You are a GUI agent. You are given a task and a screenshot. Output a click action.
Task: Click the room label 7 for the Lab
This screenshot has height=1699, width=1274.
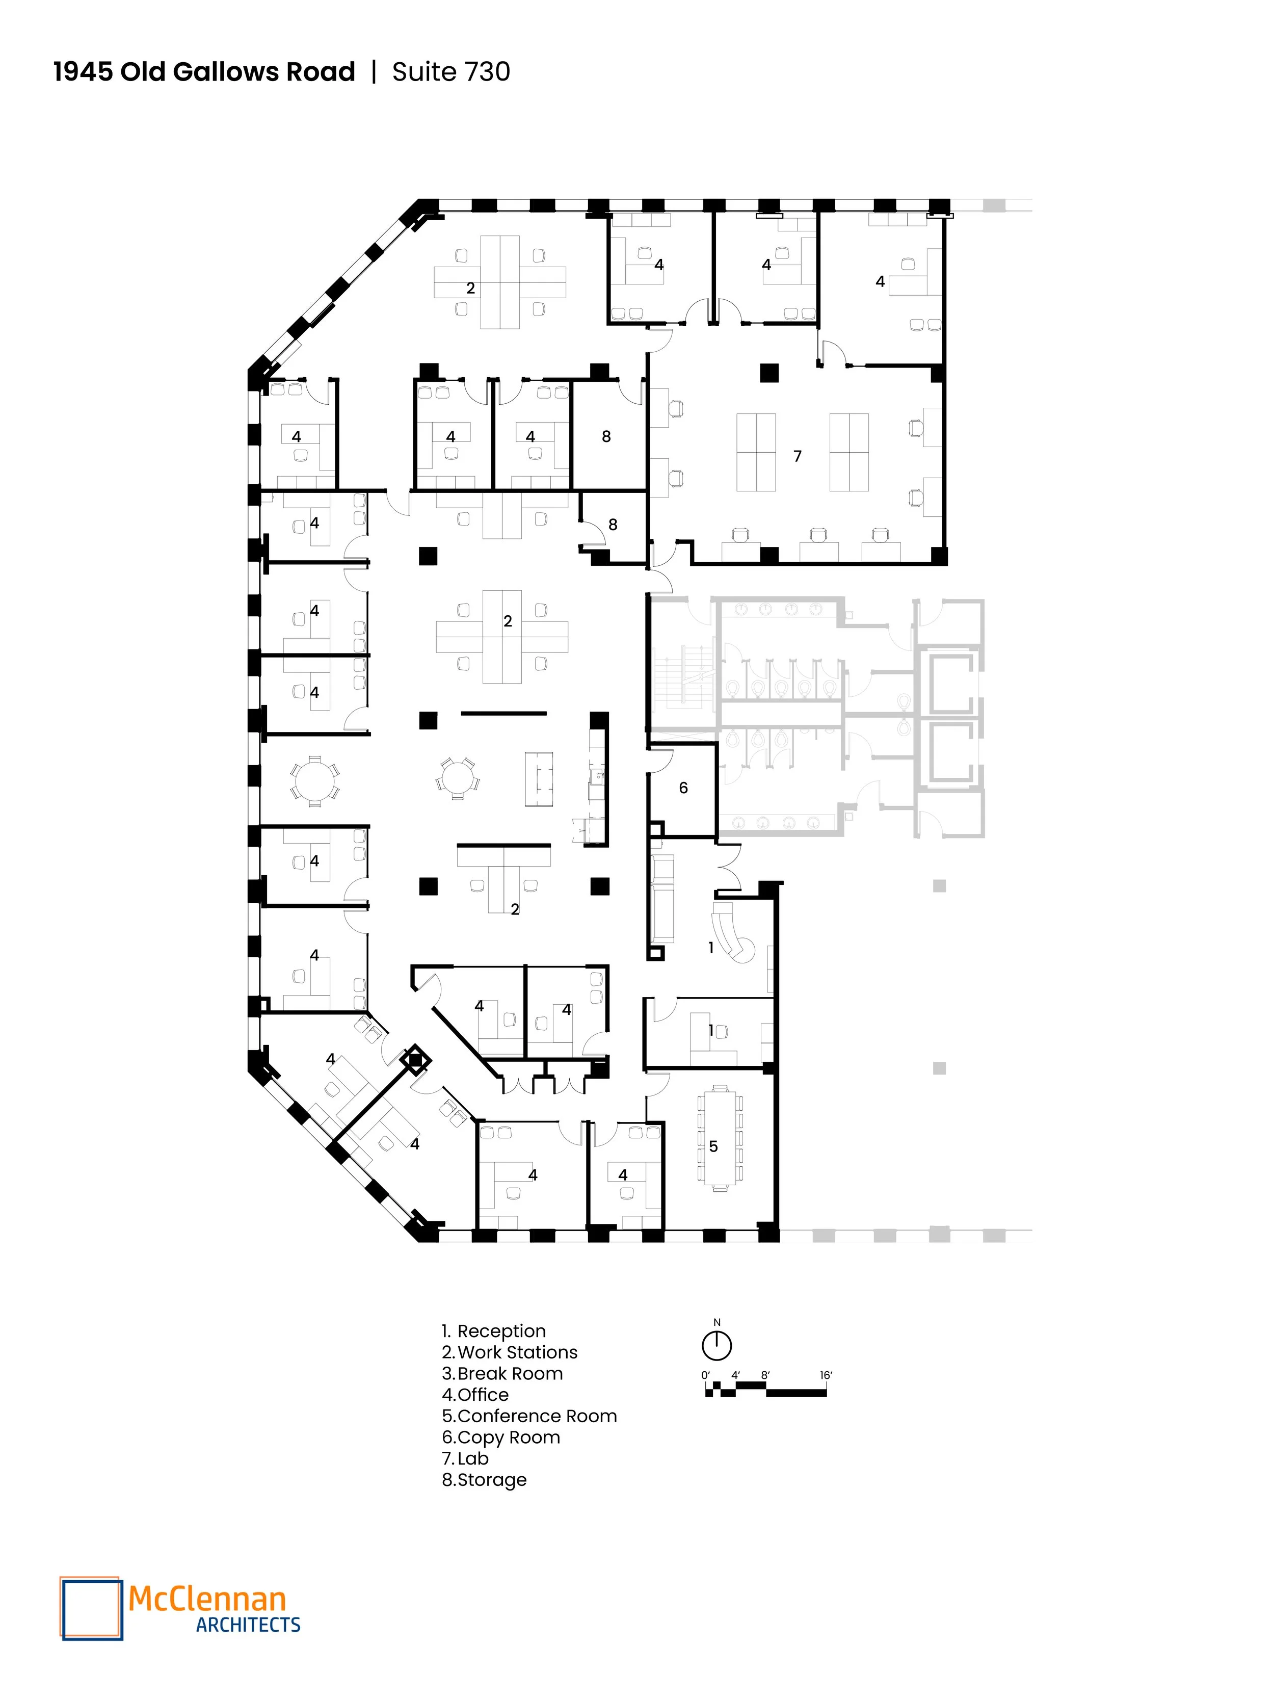point(797,456)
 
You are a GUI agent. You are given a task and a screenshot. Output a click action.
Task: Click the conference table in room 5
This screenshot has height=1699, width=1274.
point(720,1138)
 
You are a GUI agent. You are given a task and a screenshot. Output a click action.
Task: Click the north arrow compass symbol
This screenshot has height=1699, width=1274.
point(716,1345)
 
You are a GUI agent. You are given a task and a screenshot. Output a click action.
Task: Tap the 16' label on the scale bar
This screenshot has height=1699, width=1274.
point(826,1375)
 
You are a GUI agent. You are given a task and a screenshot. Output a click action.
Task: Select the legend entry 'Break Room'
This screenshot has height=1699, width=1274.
point(510,1373)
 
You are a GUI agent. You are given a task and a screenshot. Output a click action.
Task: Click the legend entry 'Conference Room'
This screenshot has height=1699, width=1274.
point(537,1416)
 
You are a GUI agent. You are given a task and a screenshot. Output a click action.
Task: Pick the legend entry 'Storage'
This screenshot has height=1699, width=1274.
point(491,1479)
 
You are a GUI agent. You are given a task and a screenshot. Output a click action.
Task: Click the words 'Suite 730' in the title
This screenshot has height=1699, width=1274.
point(451,71)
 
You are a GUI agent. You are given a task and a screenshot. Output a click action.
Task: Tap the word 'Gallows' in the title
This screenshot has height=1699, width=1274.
point(226,71)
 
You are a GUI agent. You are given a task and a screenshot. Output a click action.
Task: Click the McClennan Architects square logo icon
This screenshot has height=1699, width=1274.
point(91,1608)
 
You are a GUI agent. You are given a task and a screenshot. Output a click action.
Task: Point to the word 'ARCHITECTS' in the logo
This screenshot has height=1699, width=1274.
point(248,1625)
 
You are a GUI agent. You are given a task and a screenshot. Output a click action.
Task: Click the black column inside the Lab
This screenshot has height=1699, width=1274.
point(768,373)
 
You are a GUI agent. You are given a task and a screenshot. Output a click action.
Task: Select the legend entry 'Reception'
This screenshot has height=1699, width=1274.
point(501,1331)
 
